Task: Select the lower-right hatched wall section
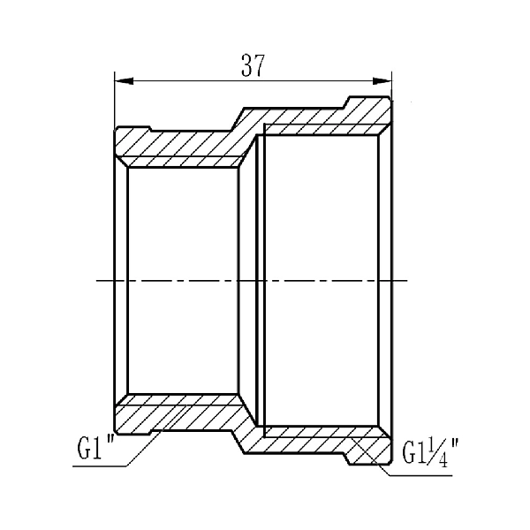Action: click(x=318, y=439)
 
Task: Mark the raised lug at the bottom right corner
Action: click(x=367, y=456)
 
